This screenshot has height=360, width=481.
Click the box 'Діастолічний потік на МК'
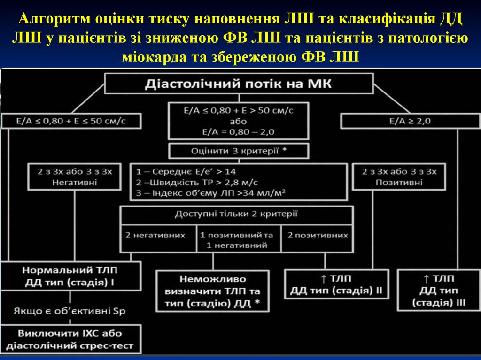[238, 84]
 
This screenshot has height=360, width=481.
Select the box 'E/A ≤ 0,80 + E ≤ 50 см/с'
[71, 121]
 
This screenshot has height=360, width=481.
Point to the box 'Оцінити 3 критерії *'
[238, 151]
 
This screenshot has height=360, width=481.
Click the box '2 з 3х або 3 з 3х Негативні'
[75, 176]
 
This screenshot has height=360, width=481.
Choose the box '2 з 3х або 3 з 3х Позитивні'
[399, 176]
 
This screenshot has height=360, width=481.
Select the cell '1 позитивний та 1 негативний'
[237, 239]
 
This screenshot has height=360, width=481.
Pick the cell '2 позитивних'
[318, 235]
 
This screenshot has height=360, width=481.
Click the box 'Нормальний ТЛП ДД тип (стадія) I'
[71, 276]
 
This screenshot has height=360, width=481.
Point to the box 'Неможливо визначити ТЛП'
[213, 291]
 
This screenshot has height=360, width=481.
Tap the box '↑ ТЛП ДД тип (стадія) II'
[336, 284]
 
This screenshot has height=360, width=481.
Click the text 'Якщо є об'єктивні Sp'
[70, 311]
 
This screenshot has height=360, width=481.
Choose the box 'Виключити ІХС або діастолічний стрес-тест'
[70, 340]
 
